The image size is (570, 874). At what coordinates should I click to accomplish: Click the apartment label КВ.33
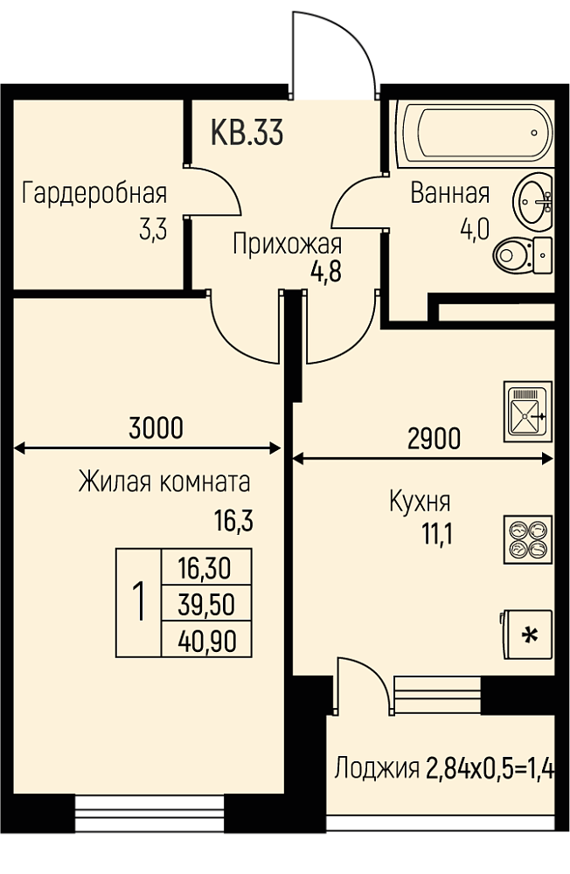pos(247,133)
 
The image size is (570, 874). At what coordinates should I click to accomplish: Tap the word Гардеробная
pos(94,193)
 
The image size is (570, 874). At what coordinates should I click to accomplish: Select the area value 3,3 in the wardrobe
pos(153,229)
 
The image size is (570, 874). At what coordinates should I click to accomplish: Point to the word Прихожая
pos(288,244)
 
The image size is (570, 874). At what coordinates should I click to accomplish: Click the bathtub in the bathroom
pos(475,134)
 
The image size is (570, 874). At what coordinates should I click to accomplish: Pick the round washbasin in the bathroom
pos(532,201)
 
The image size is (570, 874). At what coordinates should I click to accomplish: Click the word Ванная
pos(450,193)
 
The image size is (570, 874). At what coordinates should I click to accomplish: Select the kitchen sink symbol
pos(528,412)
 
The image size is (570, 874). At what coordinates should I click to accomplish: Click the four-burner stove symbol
pos(528,539)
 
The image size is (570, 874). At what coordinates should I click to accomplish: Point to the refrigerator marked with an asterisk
pos(526,634)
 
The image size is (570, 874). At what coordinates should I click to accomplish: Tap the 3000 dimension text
pos(156,428)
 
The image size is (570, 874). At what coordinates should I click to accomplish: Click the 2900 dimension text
pos(434,439)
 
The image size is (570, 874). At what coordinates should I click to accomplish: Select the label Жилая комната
pos(164,482)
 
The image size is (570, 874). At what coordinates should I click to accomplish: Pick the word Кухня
pos(419,502)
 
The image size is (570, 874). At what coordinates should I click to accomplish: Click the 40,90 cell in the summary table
pos(206,641)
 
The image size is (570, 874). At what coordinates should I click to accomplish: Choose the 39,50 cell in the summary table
pos(206,605)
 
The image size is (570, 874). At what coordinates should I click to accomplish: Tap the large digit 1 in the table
pos(139,602)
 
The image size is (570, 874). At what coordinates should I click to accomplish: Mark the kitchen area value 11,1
pos(437,535)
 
